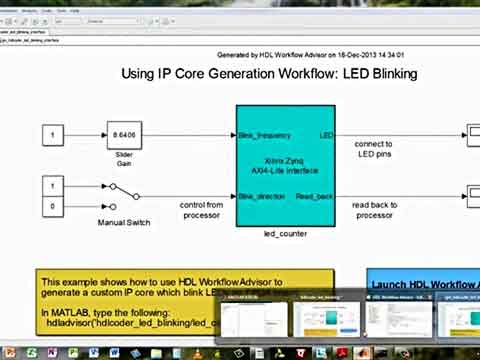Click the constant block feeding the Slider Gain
pyautogui.click(x=53, y=133)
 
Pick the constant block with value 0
pyautogui.click(x=53, y=206)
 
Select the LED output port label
pyautogui.click(x=326, y=134)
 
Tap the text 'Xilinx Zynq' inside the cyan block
pyautogui.click(x=285, y=160)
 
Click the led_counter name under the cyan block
pyautogui.click(x=285, y=234)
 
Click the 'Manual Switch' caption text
pyautogui.click(x=124, y=222)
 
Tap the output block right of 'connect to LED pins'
pyautogui.click(x=471, y=134)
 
